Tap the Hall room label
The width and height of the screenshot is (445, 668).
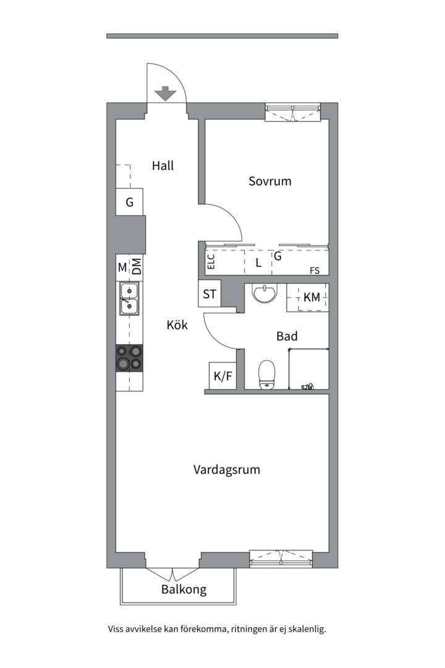coord(163,165)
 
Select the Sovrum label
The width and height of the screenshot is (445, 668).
coord(270,181)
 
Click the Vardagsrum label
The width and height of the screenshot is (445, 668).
coord(227,470)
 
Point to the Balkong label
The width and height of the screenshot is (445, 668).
coord(184,589)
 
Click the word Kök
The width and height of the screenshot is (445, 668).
coord(177,325)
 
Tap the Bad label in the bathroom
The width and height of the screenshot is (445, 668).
coord(287,336)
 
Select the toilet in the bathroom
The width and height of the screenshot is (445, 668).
coord(267,374)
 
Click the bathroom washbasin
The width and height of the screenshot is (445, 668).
coord(265,293)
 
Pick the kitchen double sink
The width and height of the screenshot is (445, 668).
coord(129,299)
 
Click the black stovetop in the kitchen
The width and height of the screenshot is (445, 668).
coord(129,358)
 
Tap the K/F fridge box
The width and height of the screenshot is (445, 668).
coord(222,376)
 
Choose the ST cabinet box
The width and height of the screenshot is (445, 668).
coord(210,294)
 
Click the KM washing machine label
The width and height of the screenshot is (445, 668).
coord(311,298)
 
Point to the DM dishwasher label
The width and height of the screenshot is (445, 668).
coord(136,267)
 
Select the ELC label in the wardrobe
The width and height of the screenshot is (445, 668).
coord(211,261)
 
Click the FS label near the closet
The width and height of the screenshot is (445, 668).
coord(314,270)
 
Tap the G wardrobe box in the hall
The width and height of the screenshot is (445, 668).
coord(129,202)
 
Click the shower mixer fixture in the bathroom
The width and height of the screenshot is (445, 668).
coord(307,387)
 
